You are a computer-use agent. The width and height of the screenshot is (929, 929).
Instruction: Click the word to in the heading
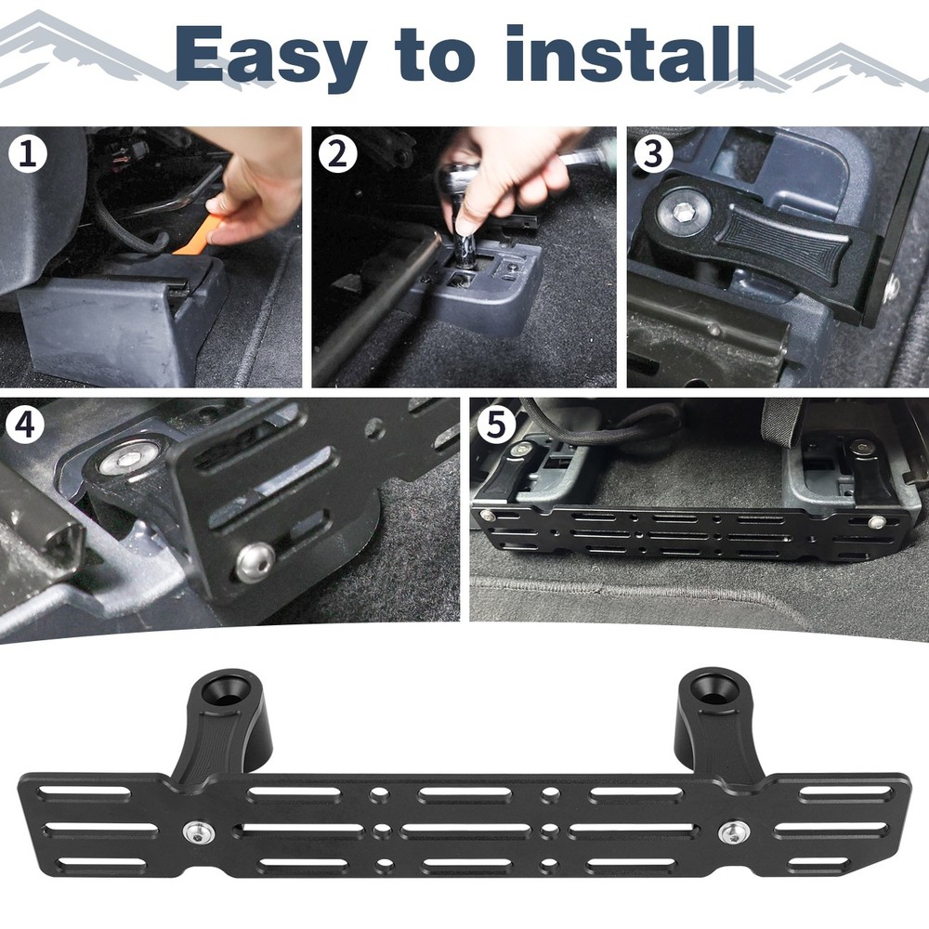point(435,57)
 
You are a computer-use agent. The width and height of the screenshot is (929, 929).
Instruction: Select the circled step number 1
point(28,154)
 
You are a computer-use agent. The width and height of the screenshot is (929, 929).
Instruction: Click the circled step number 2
point(338,154)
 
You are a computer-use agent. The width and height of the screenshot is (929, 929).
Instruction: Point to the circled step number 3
point(653,153)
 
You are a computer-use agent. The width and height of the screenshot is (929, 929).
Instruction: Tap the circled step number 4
point(24,425)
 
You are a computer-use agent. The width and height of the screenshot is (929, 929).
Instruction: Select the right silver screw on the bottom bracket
point(733,832)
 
